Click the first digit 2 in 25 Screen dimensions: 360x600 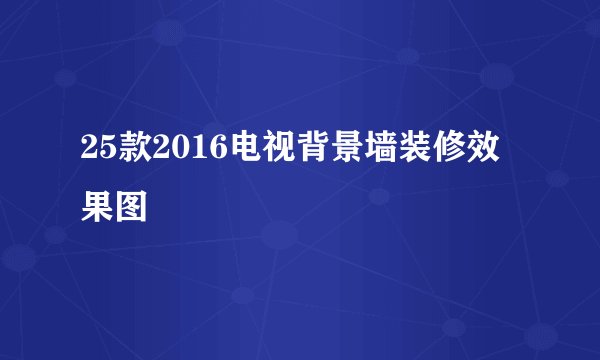(89, 152)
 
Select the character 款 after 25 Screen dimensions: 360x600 (131, 152)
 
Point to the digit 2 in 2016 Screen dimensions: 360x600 (157, 152)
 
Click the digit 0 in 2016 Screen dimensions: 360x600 (174, 152)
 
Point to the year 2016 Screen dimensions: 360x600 (182, 152)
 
